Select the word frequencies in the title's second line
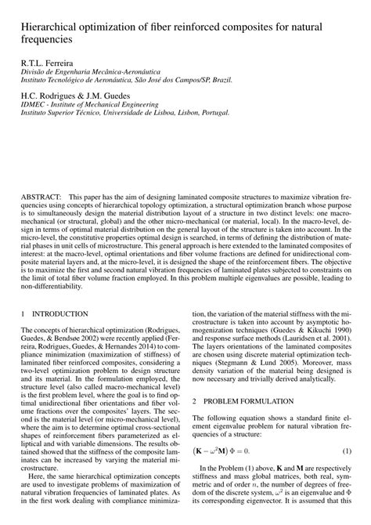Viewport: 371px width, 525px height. coord(46,37)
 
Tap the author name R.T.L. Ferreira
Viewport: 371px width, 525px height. coord(46,60)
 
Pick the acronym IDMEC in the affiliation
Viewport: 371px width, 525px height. coord(34,102)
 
